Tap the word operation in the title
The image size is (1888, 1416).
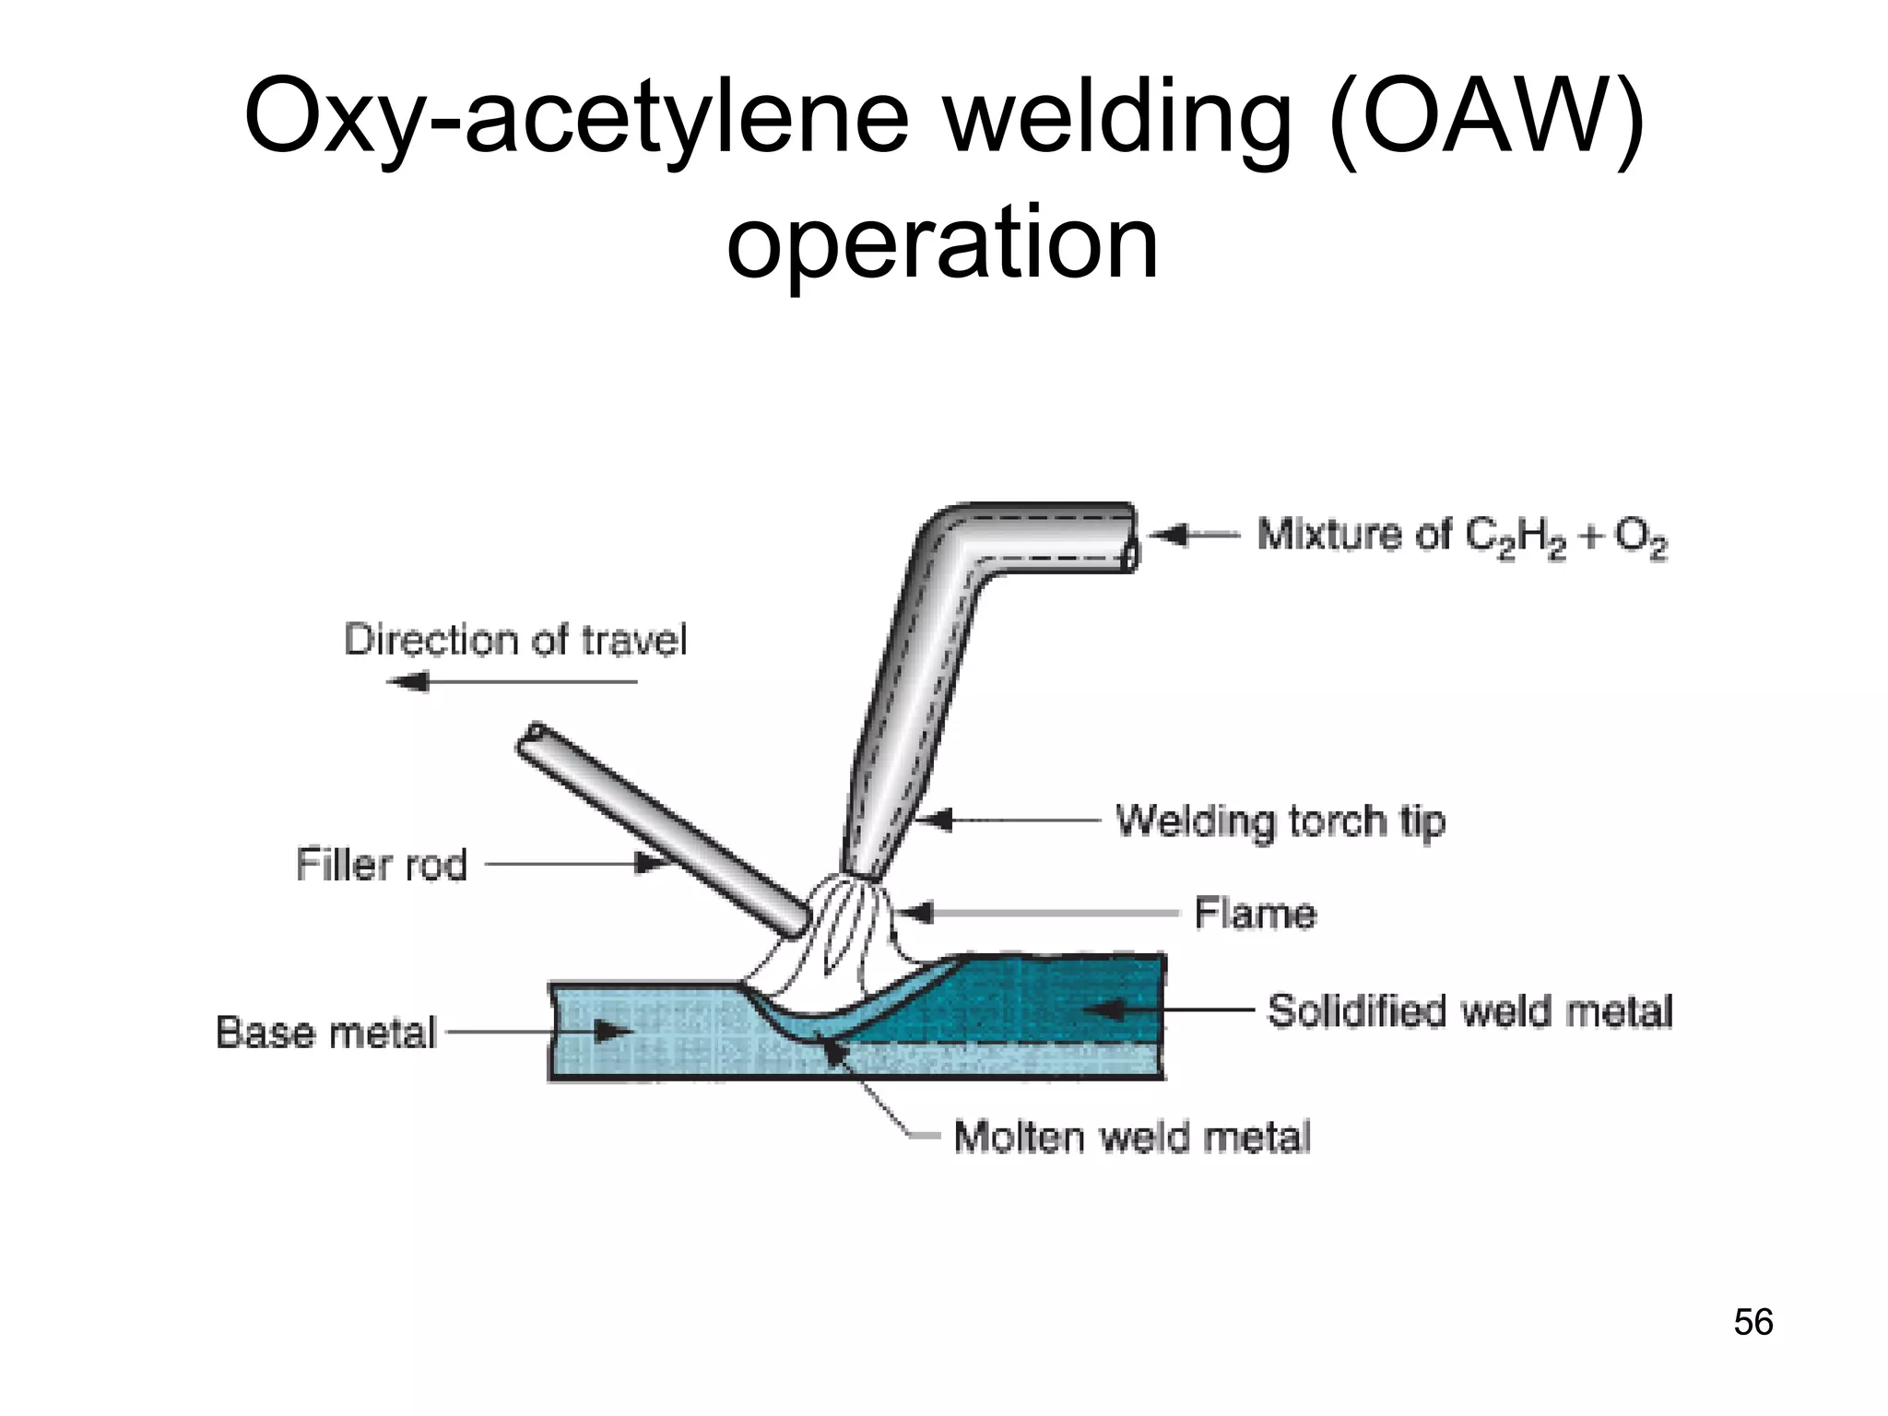942,242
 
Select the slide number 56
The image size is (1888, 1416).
1752,1322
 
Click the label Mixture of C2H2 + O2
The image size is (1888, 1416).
1462,537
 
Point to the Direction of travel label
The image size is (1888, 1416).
515,640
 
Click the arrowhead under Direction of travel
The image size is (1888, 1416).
407,682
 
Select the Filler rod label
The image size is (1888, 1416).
382,865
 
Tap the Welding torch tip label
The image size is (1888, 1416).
1280,820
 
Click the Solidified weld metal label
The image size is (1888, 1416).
1469,1011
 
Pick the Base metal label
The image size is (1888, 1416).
325,1032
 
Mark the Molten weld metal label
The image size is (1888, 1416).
1132,1137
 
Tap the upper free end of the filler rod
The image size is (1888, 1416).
532,738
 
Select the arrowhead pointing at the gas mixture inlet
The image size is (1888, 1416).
1166,535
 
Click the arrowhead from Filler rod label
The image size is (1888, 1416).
651,864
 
